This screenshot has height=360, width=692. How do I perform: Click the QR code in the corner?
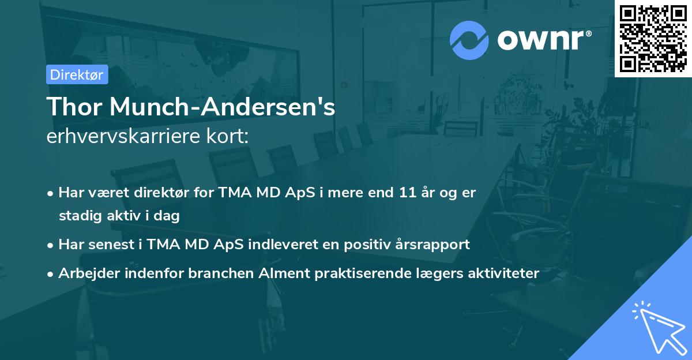pyautogui.click(x=653, y=38)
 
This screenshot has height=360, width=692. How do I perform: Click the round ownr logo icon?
pyautogui.click(x=469, y=40)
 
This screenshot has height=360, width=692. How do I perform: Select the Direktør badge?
pyautogui.click(x=77, y=74)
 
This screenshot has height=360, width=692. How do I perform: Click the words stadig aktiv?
pyautogui.click(x=109, y=216)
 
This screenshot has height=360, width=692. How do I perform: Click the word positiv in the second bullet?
pyautogui.click(x=359, y=244)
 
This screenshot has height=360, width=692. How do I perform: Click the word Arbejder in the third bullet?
pyautogui.click(x=85, y=273)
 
